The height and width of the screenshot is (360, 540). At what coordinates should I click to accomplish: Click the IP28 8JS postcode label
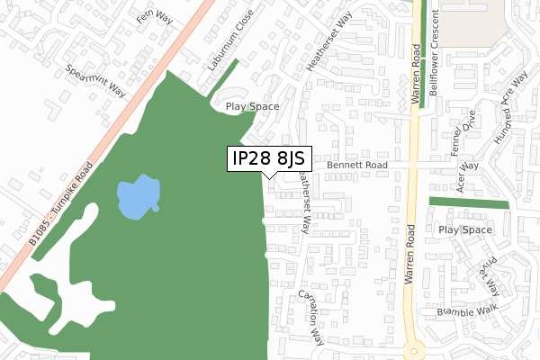[x=267, y=158]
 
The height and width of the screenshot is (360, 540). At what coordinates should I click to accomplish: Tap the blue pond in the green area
[x=138, y=194]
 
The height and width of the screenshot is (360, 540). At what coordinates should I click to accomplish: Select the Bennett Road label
[x=356, y=166]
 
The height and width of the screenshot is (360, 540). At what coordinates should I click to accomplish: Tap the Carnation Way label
[x=311, y=318]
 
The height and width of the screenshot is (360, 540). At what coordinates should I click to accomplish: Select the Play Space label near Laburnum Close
[x=252, y=106]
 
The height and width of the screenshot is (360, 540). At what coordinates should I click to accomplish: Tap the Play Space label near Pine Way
[x=465, y=230]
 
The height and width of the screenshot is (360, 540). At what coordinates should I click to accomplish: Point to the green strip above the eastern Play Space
[x=468, y=202]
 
